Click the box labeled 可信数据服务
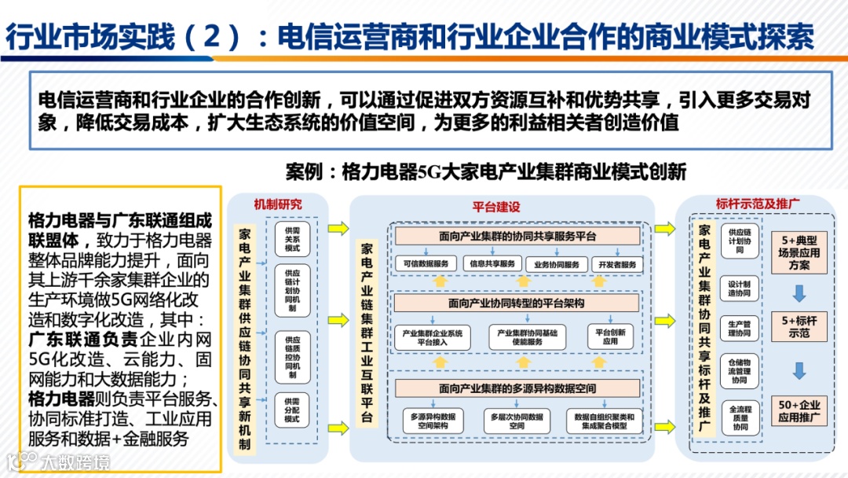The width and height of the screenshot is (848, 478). pos(426,263)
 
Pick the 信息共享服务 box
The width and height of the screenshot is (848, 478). pos(492,263)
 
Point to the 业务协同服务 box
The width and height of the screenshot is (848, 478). pos(557,264)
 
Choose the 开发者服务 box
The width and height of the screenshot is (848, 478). pos(617,264)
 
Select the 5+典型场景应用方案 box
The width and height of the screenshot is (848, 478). pos(800,252)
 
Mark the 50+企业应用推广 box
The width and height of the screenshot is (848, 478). pos(800,410)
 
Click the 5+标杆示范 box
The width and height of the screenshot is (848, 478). pos(800,328)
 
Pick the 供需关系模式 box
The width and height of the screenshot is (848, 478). pos(292,238)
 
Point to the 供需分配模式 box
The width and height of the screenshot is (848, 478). pos(292,410)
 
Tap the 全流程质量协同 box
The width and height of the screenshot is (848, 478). pos(739,420)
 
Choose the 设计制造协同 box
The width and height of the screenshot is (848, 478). pos(739,288)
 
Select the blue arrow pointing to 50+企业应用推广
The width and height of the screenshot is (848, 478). pos(799,370)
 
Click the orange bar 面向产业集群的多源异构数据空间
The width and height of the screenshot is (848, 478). pos(517,388)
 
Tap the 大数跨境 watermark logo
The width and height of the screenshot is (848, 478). pos(59,461)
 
